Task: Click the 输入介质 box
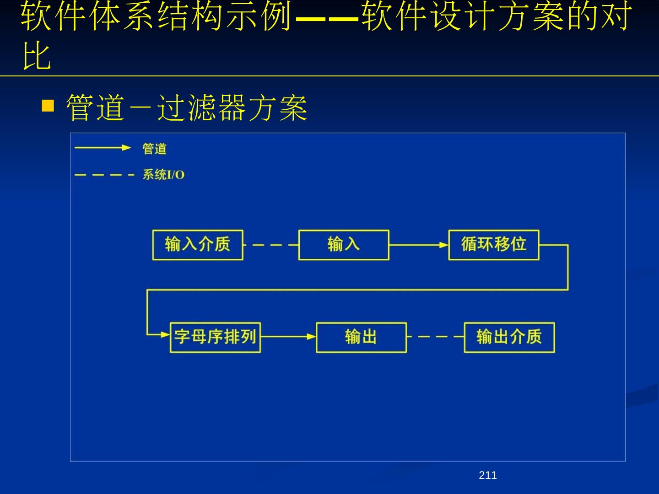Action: (x=198, y=245)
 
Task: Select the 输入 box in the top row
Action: (x=344, y=245)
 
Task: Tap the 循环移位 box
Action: (x=493, y=245)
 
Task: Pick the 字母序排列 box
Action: (x=215, y=338)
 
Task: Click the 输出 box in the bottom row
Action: (x=361, y=338)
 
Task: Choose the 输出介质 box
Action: (x=509, y=338)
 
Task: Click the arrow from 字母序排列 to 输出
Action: (x=288, y=337)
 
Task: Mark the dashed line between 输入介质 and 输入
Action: (x=270, y=245)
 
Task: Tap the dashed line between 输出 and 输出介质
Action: (x=435, y=337)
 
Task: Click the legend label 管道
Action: (x=154, y=149)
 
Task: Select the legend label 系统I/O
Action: (x=163, y=175)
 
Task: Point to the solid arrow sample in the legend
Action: (x=103, y=148)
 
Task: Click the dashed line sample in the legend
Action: (x=104, y=175)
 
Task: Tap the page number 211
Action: (x=487, y=476)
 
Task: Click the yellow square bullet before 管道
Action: (x=48, y=106)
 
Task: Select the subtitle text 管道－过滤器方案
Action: (x=187, y=108)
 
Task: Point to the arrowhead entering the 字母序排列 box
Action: (x=165, y=335)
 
